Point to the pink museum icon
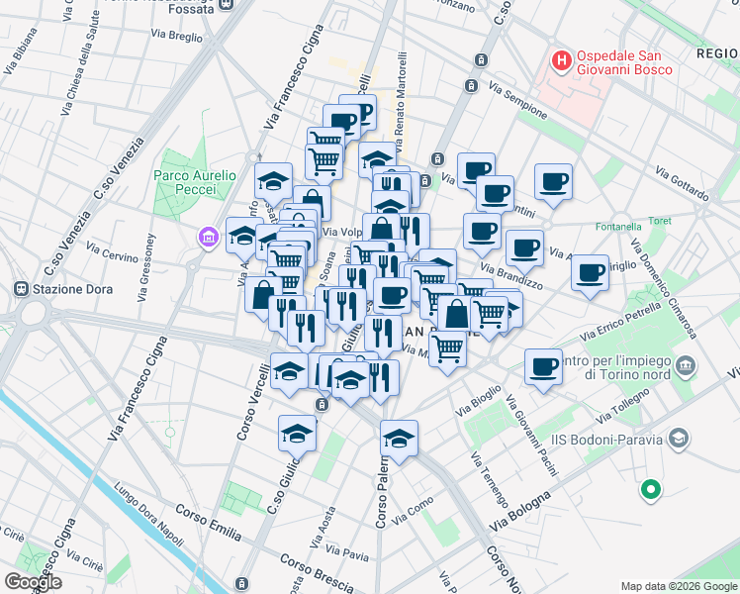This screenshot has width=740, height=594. pos(207,238)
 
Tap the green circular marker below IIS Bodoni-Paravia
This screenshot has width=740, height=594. pos(650,488)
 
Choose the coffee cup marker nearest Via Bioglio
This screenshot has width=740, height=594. pos(543,367)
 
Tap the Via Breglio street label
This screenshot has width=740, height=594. pos(176,36)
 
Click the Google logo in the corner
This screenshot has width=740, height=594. pos(33,581)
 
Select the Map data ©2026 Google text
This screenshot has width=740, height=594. pos(678,586)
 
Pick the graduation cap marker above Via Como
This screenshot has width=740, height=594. pos(399,438)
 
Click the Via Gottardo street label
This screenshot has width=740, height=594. pos(682,186)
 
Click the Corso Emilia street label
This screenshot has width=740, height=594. pos(209,524)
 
